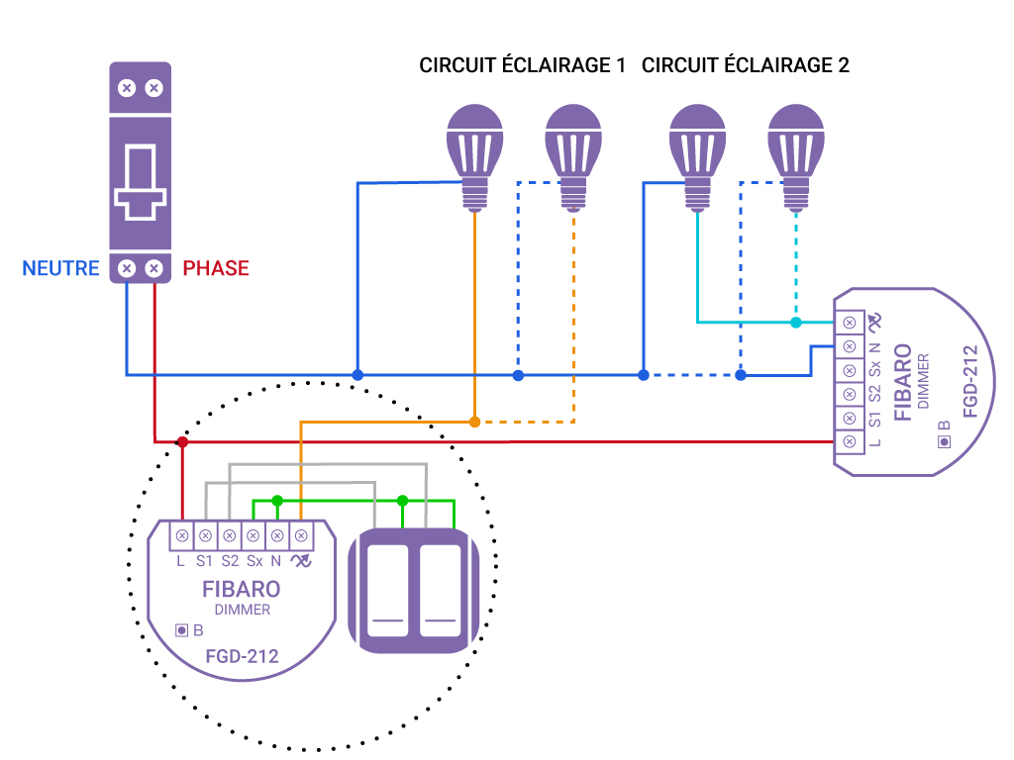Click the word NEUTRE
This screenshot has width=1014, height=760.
(x=60, y=268)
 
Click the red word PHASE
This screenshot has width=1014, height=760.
(x=216, y=268)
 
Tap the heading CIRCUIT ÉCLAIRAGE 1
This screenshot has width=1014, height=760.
(x=522, y=65)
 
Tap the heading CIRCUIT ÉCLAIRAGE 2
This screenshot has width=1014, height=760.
(x=746, y=65)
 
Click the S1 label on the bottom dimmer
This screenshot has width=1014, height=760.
(x=205, y=561)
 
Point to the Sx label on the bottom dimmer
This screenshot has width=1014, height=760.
(x=253, y=561)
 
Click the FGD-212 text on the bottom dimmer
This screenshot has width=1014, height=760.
(x=242, y=656)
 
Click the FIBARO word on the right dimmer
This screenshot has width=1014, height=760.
(x=903, y=382)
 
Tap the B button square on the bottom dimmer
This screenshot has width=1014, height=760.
(x=181, y=629)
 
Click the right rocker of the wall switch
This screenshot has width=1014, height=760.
(x=439, y=590)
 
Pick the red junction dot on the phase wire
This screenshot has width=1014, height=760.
(x=182, y=441)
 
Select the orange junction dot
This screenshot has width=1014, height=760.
(x=474, y=422)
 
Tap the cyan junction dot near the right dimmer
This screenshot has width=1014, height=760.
(x=796, y=323)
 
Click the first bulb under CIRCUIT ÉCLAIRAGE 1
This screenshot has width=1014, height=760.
(x=474, y=153)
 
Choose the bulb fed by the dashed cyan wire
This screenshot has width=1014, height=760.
(x=796, y=153)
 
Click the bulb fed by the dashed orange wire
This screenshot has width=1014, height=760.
(x=573, y=153)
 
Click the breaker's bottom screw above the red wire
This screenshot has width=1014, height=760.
(x=153, y=268)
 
